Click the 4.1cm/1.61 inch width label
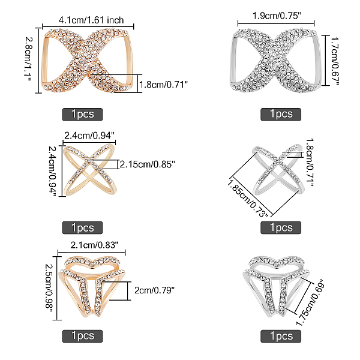(91, 20)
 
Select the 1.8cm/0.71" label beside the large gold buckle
(163, 85)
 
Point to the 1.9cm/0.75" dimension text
(277, 16)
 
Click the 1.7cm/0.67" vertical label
(335, 61)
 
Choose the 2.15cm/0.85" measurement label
(148, 164)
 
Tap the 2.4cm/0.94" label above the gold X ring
(89, 136)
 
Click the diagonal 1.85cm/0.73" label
(248, 199)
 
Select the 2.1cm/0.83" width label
(94, 245)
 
